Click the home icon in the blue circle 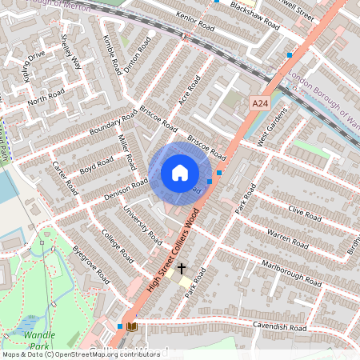tap(180, 172)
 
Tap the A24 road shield tap(260, 104)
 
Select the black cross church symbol tap(182, 270)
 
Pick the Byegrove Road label tap(90, 263)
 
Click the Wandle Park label tap(38, 340)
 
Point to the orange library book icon tap(132, 326)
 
